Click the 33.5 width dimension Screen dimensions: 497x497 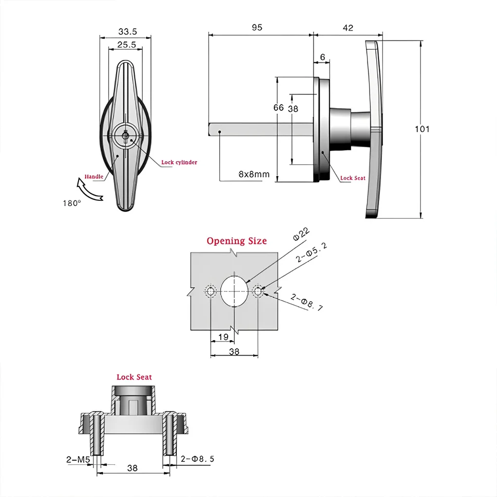point(128,32)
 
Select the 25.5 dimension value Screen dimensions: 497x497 point(126,44)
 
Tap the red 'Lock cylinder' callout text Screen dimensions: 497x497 point(179,162)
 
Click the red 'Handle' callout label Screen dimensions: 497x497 point(94,176)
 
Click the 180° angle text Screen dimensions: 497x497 point(71,203)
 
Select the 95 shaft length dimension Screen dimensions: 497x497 point(257,28)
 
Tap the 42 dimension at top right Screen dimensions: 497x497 point(348,28)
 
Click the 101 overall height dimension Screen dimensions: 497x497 point(422,129)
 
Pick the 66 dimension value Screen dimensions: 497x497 point(278,108)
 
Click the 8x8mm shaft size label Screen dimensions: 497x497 point(254,174)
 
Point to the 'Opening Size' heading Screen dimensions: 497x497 point(237,241)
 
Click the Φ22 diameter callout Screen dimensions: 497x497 point(301,234)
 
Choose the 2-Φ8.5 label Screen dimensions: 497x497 point(197,459)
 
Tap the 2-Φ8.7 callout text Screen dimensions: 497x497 point(307,302)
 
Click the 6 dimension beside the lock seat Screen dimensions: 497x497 point(323,57)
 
